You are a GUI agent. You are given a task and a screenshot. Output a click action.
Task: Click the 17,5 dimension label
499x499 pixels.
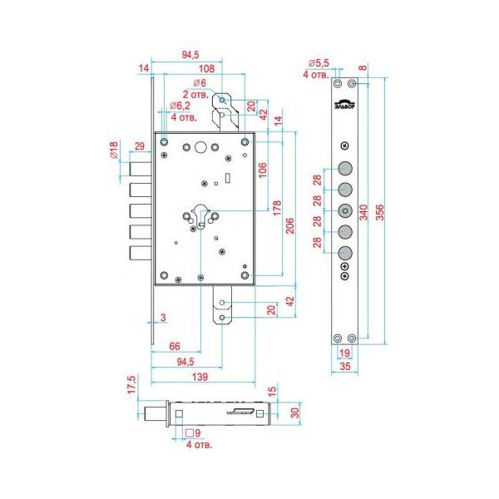click(131, 388)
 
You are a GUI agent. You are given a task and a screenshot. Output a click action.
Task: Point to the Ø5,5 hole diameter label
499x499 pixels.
click(319, 63)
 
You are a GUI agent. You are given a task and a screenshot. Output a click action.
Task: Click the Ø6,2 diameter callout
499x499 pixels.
click(180, 106)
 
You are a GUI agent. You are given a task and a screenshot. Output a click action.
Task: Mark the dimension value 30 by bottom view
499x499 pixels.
click(294, 412)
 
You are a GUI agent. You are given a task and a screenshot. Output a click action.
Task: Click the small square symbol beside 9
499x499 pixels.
click(191, 433)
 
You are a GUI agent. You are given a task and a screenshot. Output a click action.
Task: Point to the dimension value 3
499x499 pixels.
click(163, 317)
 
